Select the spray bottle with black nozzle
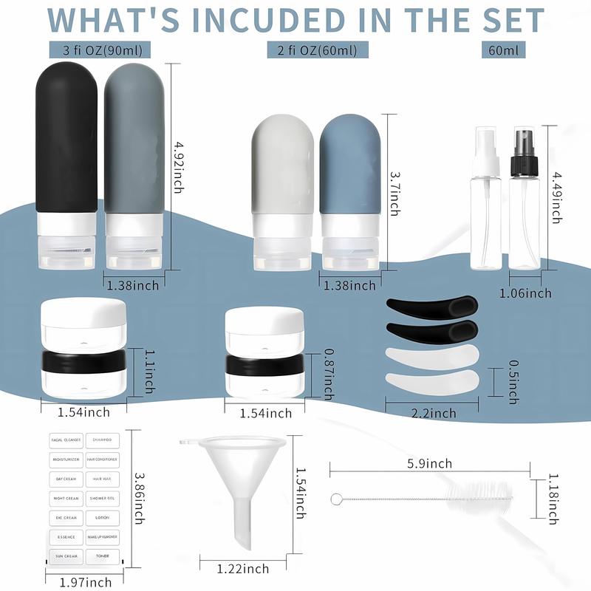pyautogui.click(x=526, y=199)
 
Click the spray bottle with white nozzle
pyautogui.click(x=485, y=199)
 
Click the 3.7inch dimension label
pyautogui.click(x=394, y=191)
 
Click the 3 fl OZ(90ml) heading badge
pyautogui.click(x=103, y=50)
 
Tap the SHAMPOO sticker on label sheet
pyautogui.click(x=102, y=440)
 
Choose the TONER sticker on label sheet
pyautogui.click(x=102, y=555)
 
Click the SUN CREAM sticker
pyautogui.click(x=66, y=555)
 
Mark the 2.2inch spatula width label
pyautogui.click(x=432, y=414)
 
